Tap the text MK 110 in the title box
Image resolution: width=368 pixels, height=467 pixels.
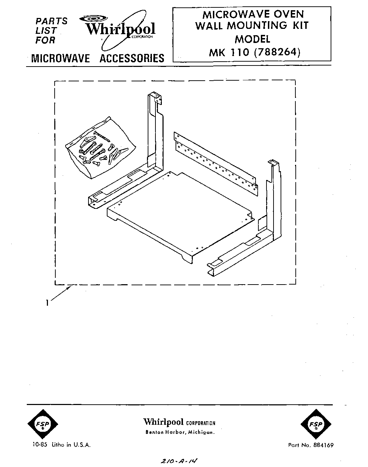(229, 52)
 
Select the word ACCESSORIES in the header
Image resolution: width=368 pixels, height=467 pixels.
(132, 58)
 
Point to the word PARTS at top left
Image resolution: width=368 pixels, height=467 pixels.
(51, 21)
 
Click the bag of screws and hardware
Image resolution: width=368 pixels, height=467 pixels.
(97, 147)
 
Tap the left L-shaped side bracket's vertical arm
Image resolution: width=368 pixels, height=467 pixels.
(154, 130)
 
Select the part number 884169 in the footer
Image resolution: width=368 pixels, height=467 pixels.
(321, 445)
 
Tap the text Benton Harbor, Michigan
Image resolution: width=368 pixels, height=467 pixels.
(179, 432)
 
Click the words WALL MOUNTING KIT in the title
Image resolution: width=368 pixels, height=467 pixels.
(252, 26)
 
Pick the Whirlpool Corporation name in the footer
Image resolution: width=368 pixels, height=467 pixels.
(179, 422)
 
